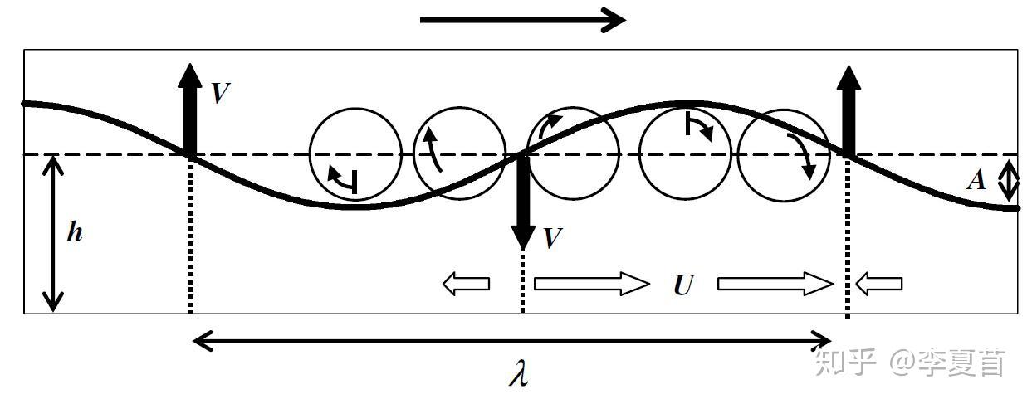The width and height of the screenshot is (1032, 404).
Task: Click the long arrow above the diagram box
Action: [522, 20]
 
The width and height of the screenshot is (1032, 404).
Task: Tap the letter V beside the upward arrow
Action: [221, 93]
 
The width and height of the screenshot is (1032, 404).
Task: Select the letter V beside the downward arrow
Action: [552, 238]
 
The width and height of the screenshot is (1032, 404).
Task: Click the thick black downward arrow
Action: [523, 202]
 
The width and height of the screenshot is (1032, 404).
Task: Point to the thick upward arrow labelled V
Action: [190, 110]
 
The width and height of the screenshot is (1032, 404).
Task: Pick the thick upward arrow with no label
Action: [849, 111]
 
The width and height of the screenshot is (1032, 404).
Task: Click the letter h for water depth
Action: [75, 231]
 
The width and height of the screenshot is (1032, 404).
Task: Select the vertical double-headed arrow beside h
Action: [53, 234]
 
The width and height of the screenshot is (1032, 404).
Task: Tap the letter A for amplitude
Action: [976, 180]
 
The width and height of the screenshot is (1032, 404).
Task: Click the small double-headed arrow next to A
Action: [1008, 181]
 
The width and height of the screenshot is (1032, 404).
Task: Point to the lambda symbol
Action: [519, 372]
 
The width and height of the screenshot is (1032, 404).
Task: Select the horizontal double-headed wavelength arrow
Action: [511, 341]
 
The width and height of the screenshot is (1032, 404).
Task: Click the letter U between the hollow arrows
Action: [683, 285]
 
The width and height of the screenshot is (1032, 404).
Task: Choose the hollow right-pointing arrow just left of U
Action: [592, 284]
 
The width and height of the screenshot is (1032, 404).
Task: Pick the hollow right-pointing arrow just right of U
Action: [775, 284]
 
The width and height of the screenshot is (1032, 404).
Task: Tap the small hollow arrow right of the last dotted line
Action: [878, 284]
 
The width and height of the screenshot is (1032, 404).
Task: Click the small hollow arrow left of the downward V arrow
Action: [466, 284]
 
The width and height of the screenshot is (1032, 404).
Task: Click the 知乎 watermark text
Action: [846, 363]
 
